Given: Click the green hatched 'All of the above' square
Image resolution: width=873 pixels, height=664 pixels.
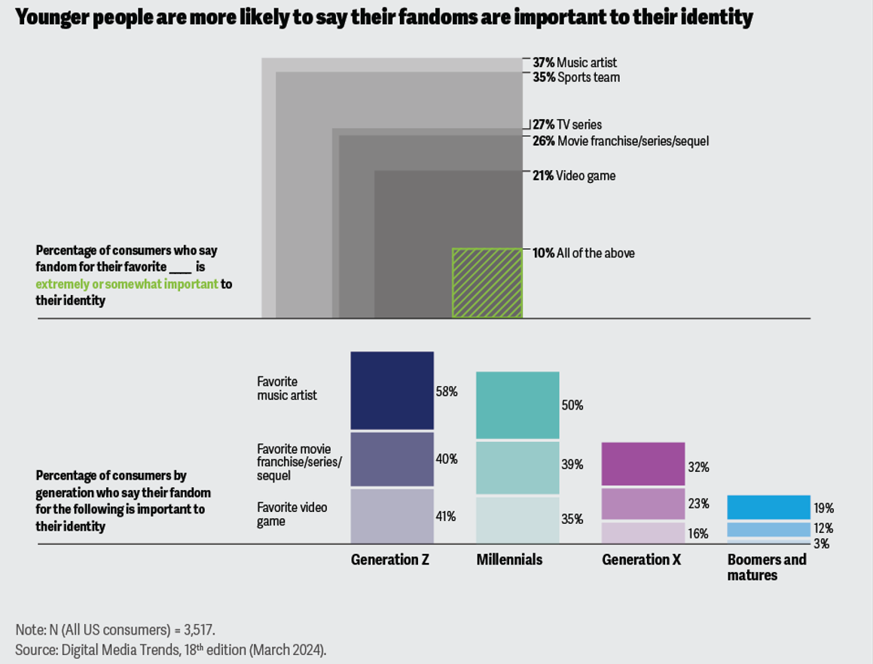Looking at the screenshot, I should tap(487, 282).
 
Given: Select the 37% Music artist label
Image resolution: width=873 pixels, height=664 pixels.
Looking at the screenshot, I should tap(575, 63).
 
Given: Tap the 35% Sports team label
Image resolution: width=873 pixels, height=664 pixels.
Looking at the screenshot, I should tap(576, 78).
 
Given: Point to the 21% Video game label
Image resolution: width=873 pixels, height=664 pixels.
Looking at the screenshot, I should tap(574, 176).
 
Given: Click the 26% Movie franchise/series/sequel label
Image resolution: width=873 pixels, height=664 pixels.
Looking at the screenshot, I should tap(621, 142).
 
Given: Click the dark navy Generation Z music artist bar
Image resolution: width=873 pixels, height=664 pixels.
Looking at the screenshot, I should tap(392, 391).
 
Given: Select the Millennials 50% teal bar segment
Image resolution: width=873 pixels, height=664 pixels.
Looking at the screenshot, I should tap(517, 405).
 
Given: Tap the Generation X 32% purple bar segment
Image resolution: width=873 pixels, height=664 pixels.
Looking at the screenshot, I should tap(643, 464).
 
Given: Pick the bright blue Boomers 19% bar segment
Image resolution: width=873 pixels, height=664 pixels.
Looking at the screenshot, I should tap(768, 507).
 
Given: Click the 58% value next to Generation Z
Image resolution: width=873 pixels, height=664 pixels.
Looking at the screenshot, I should tap(447, 391).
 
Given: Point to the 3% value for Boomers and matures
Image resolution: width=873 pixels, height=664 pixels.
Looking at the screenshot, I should tap(821, 544).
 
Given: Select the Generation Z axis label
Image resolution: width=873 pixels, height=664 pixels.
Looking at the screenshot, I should tap(389, 560).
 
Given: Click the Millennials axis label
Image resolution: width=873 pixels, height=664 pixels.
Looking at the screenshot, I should tap(509, 560).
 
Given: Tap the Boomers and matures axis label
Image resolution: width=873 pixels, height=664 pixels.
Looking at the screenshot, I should tap(766, 568).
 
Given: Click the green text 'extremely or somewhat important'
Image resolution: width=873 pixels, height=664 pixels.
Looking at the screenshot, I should tap(127, 284).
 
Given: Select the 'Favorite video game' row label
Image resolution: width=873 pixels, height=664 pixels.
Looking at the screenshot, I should tap(292, 514).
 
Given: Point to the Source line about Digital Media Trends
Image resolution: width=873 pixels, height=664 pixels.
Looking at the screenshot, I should tap(170, 649).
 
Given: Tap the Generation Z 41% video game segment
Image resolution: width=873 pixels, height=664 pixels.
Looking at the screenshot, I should tap(392, 516).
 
